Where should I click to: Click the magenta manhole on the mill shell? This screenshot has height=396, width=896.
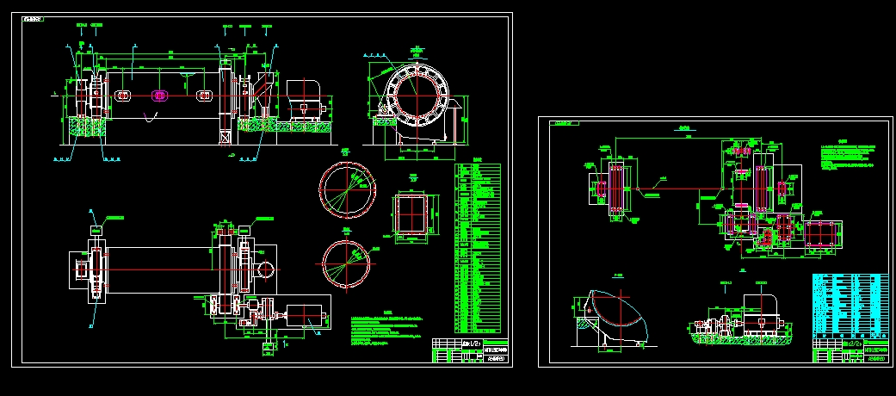point(158,96)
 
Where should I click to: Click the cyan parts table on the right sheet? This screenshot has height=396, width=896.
point(850,306)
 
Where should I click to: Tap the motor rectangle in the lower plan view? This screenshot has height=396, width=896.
point(307,319)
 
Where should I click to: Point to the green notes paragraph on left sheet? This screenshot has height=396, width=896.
point(387,330)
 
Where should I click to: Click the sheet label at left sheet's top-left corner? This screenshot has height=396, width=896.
point(34,18)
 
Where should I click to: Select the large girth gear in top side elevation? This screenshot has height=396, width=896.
point(226,96)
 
